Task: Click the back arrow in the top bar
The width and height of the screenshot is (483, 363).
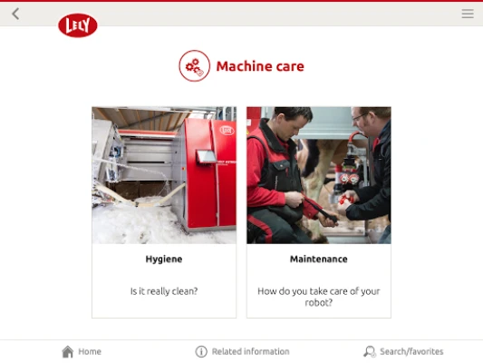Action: (x=15, y=14)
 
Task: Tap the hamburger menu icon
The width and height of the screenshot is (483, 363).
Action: (x=468, y=14)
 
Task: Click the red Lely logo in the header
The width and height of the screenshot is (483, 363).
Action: (x=78, y=25)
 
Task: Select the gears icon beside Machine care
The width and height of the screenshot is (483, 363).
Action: (x=194, y=65)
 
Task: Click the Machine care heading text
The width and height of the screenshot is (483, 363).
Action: (x=260, y=66)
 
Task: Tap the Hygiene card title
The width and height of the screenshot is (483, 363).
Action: (x=164, y=259)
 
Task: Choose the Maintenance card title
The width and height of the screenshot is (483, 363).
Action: (x=319, y=259)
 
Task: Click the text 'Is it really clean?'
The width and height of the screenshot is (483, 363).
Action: (x=164, y=291)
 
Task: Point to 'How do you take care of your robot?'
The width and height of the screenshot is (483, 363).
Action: (x=319, y=297)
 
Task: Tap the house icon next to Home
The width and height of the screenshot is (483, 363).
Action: (x=68, y=351)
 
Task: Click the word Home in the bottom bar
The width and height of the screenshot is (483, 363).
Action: (x=90, y=351)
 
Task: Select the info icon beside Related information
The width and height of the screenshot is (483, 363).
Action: (x=201, y=351)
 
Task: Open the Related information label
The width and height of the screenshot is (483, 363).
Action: (x=251, y=351)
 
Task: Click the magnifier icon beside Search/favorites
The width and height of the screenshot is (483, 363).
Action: (x=370, y=351)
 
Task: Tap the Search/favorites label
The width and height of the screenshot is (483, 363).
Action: (x=411, y=351)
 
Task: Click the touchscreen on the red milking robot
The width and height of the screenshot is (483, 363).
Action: (x=206, y=156)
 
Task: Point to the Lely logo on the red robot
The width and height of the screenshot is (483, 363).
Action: (x=227, y=130)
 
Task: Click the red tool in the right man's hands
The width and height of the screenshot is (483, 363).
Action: (x=345, y=200)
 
